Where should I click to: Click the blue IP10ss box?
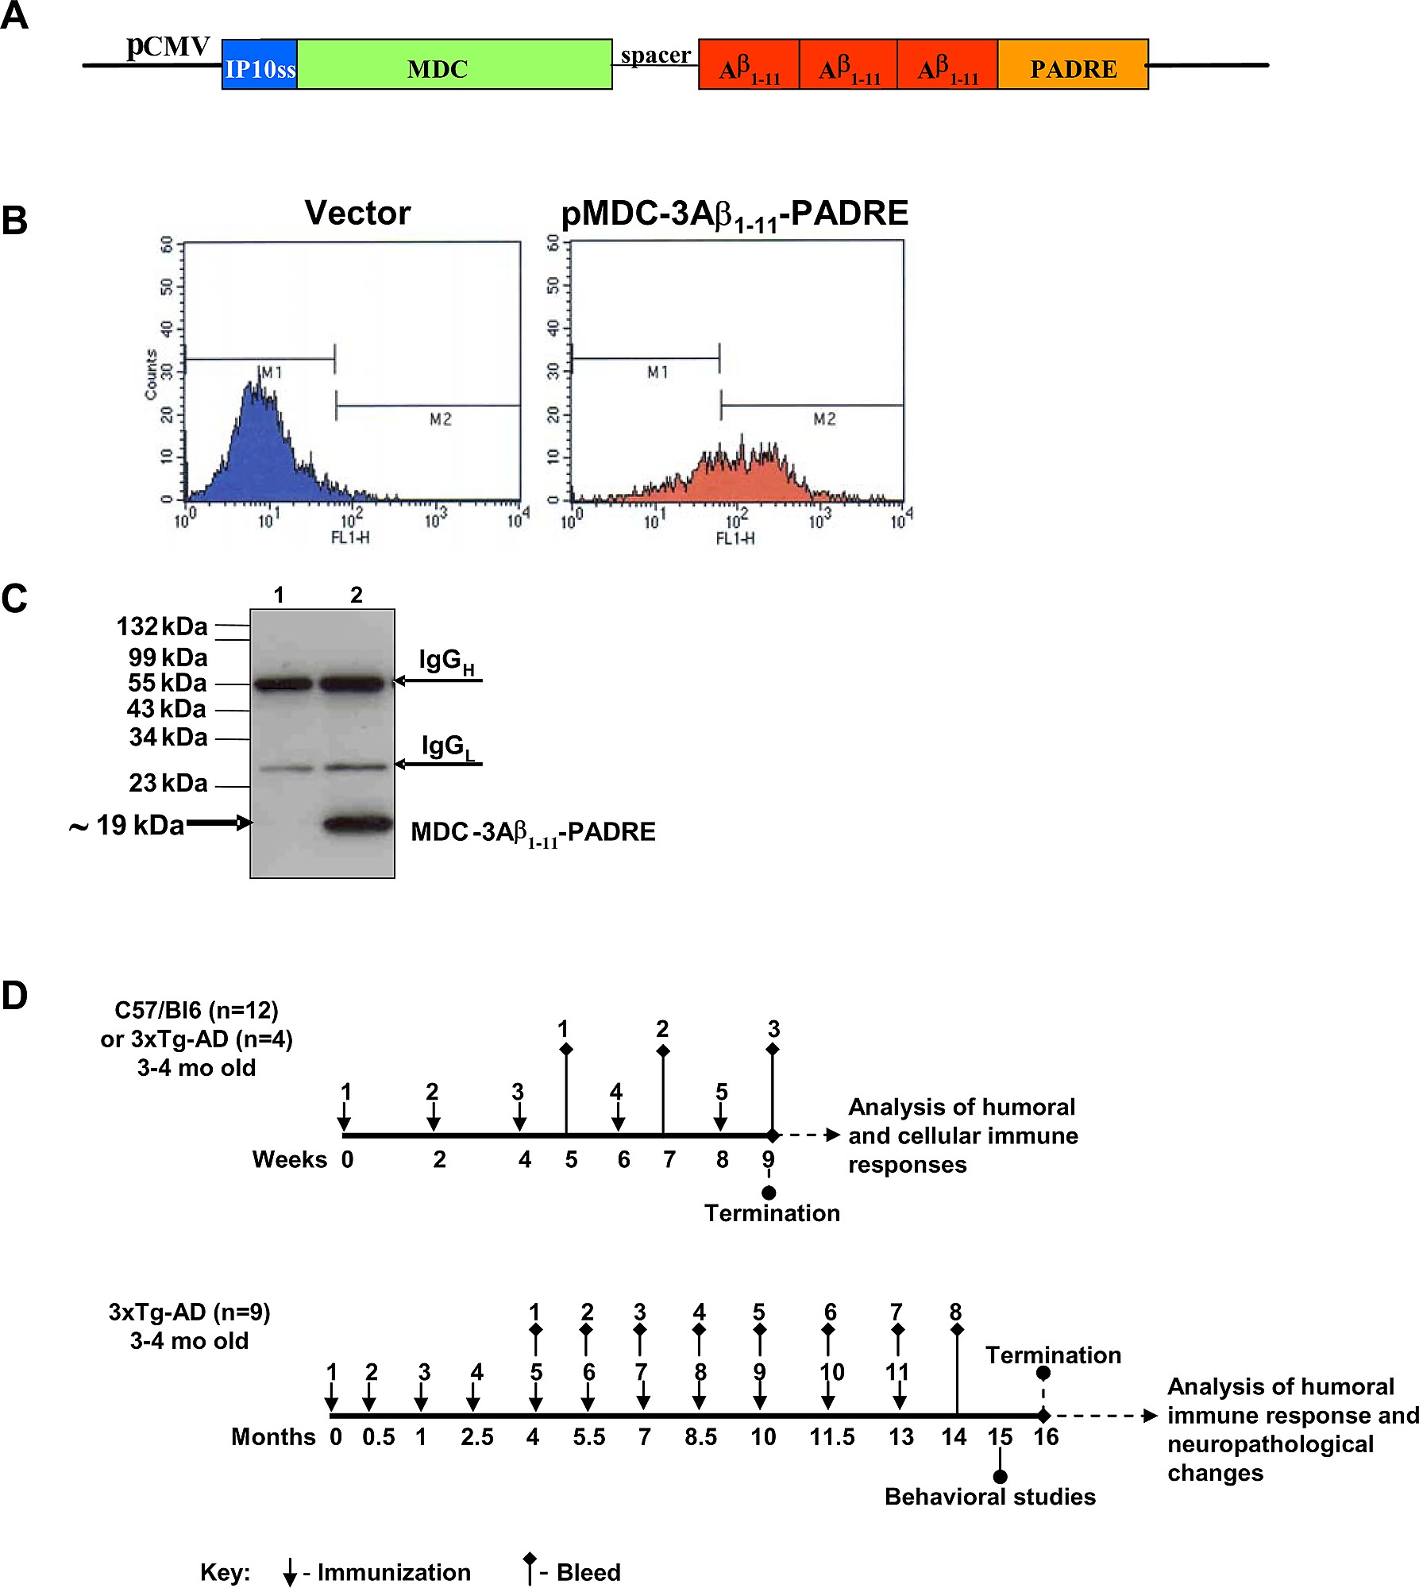coord(260,64)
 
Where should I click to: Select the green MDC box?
coord(454,64)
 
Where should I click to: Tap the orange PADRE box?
coord(1073,64)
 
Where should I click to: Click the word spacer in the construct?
coord(656,56)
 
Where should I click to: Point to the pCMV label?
coord(168,46)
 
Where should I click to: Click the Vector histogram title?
coord(358,213)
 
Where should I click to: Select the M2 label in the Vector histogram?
coord(441,419)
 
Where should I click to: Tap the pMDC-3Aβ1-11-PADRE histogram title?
coord(735,214)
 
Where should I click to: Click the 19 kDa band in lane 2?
coord(359,824)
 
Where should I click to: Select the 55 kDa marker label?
coord(168,683)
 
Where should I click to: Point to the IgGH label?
coord(446,661)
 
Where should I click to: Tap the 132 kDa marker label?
coord(162,626)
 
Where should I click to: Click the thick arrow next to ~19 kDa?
coord(219,823)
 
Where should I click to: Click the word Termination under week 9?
coord(772,1213)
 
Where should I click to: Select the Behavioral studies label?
coord(990,1497)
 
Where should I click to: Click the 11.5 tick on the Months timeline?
coord(832,1437)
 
